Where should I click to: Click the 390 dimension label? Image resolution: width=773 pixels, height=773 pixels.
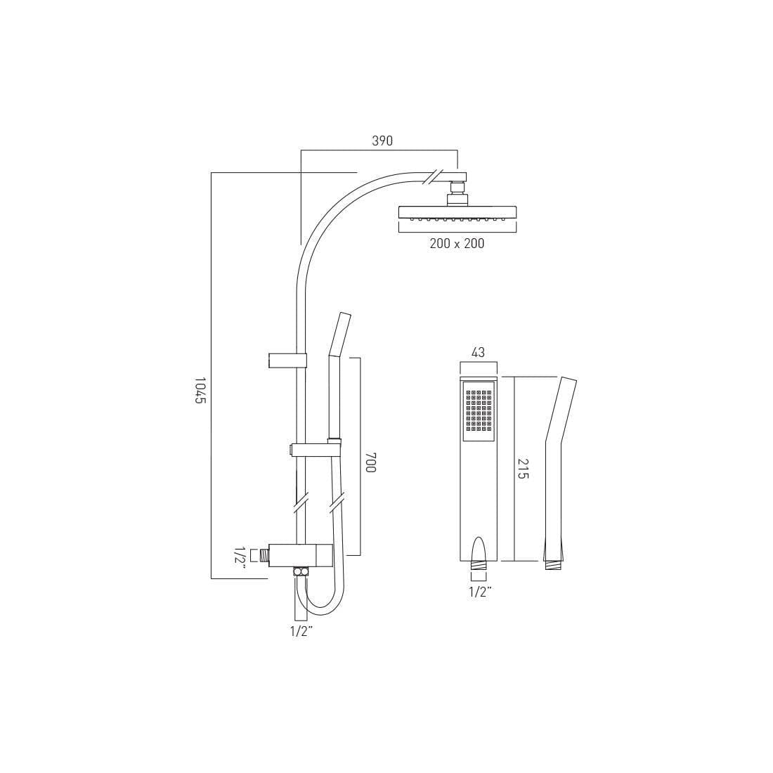[x=382, y=141]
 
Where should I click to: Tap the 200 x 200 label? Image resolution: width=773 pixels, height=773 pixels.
[x=457, y=244]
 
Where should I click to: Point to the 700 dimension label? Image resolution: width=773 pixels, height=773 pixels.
[x=370, y=462]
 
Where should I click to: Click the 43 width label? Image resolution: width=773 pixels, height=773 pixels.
[x=478, y=353]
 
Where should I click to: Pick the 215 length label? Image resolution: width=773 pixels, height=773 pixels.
[x=523, y=469]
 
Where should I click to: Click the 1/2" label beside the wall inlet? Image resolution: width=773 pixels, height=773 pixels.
[x=240, y=557]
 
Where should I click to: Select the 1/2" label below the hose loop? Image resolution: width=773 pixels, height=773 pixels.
[x=301, y=631]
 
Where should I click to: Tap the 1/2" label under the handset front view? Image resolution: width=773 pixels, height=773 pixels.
[x=480, y=592]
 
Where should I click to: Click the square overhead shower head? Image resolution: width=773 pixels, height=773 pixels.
[x=457, y=212]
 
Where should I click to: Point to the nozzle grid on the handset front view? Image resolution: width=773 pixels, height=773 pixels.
[x=479, y=410]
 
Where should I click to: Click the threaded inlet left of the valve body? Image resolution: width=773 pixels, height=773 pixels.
[x=263, y=556]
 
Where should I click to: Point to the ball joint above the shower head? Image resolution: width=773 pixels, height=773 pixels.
[x=457, y=188]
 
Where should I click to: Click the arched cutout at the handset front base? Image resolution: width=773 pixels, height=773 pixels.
[x=479, y=548]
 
